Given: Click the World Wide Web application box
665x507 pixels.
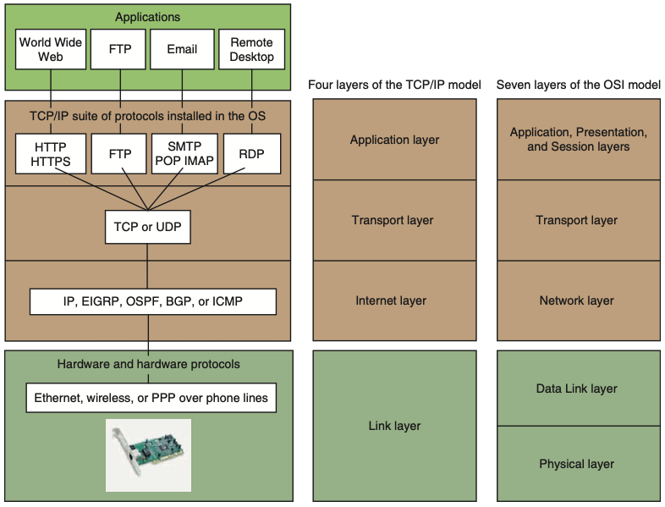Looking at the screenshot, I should [x=51, y=50].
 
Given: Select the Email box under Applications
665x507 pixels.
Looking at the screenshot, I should [x=182, y=50].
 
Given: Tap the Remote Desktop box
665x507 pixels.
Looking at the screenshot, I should [x=251, y=50].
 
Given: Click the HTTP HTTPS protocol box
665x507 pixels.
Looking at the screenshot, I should [x=51, y=153].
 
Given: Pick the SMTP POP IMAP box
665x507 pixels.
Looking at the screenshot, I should [x=183, y=153].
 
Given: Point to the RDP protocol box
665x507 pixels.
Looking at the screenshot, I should [x=251, y=153].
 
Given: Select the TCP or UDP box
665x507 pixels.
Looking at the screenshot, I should [x=148, y=227].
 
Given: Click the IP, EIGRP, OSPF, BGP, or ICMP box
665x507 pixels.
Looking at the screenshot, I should [x=153, y=301].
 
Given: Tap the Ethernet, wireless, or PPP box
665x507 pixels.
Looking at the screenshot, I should [x=151, y=397].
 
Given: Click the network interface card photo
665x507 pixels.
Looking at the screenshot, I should [x=148, y=454].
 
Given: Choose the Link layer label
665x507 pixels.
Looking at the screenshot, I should [x=394, y=426].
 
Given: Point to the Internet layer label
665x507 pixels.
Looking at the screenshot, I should [x=391, y=300].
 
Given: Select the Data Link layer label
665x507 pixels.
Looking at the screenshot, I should [x=577, y=389].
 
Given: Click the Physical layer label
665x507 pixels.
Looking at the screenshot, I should [x=577, y=464].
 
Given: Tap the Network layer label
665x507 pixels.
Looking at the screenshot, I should [x=577, y=300].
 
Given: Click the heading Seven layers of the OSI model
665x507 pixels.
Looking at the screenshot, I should [x=579, y=85].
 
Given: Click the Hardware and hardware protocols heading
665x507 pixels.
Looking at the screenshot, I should [x=149, y=364].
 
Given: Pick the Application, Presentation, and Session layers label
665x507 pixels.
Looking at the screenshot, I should [x=579, y=140].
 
